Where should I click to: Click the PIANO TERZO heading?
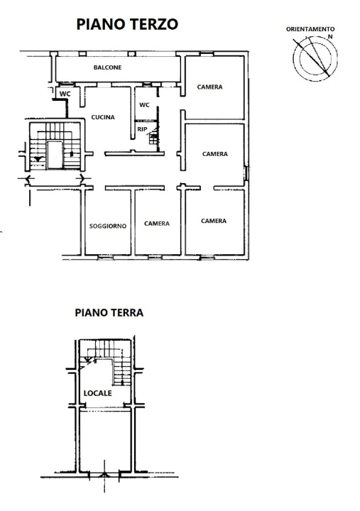(x=127, y=25)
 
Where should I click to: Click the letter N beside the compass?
(x=329, y=35)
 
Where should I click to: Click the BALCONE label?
(x=107, y=67)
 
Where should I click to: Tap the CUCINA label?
(x=103, y=118)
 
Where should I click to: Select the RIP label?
(x=142, y=129)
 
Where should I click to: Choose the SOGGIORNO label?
(x=108, y=226)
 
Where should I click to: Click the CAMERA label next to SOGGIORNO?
(x=157, y=224)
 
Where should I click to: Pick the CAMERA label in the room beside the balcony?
(x=209, y=87)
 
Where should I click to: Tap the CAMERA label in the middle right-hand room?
(x=214, y=153)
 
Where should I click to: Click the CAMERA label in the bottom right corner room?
(x=214, y=221)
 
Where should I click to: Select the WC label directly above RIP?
(x=144, y=105)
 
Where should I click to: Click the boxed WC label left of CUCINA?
(x=65, y=94)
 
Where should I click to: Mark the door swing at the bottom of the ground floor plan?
(x=105, y=476)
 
